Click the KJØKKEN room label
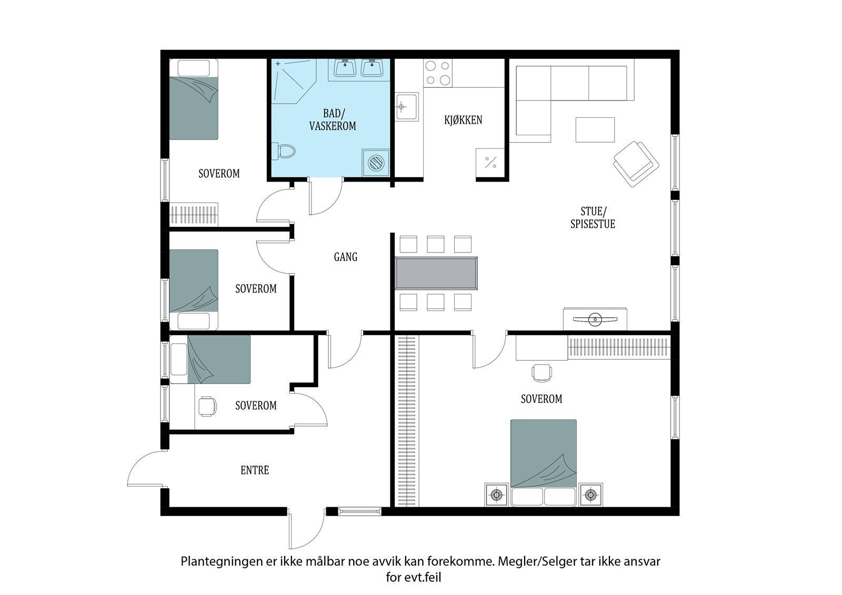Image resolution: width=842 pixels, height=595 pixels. (x=463, y=120)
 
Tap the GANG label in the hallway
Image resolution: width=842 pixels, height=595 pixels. (x=345, y=257)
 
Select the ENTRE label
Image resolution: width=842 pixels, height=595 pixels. (x=255, y=470)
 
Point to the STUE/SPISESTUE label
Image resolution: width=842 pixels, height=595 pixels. (x=593, y=218)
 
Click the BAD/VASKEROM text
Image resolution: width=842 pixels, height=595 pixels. (x=333, y=119)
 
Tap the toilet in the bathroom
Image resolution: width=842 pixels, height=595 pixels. (x=284, y=152)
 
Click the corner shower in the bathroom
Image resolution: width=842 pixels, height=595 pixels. (x=294, y=81)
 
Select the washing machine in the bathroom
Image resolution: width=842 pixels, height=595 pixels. (x=376, y=163)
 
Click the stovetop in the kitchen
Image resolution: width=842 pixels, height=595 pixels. (x=438, y=73)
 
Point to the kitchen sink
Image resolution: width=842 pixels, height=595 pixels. (x=406, y=107)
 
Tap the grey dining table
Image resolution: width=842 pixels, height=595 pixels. (x=436, y=273)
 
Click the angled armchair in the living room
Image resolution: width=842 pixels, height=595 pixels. (x=636, y=164)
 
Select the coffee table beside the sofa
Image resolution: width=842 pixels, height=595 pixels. (x=595, y=129)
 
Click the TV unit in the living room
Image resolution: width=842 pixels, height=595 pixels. (x=595, y=319)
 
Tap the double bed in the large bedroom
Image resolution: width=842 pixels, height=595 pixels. (x=544, y=463)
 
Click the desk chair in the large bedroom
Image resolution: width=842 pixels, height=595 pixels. (x=542, y=373)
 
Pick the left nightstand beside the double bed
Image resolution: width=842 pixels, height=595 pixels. (x=497, y=495)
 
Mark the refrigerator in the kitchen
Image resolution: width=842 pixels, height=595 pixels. (x=490, y=163)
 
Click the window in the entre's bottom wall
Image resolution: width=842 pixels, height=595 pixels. (x=360, y=511)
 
